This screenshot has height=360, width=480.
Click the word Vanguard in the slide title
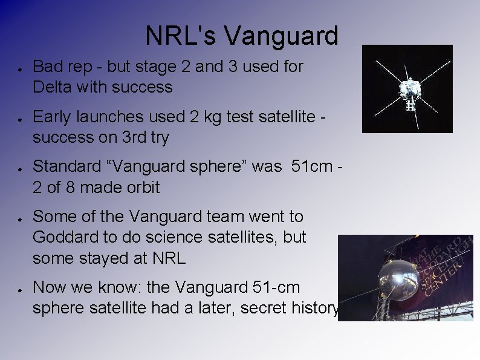[281, 36]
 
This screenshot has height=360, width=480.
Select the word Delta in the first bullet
[52, 87]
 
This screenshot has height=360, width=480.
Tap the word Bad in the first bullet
[47, 67]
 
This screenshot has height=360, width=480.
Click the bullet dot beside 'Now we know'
[20, 288]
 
